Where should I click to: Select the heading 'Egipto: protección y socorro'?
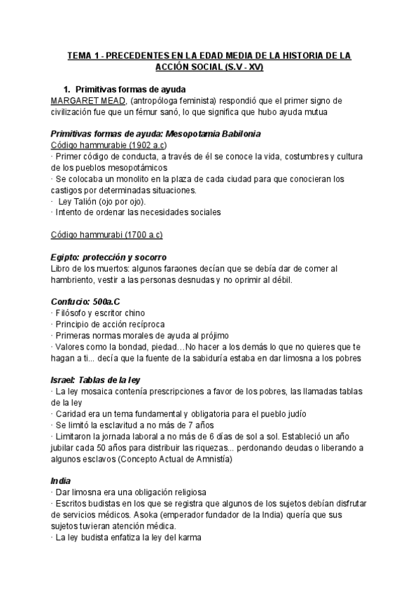108,257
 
